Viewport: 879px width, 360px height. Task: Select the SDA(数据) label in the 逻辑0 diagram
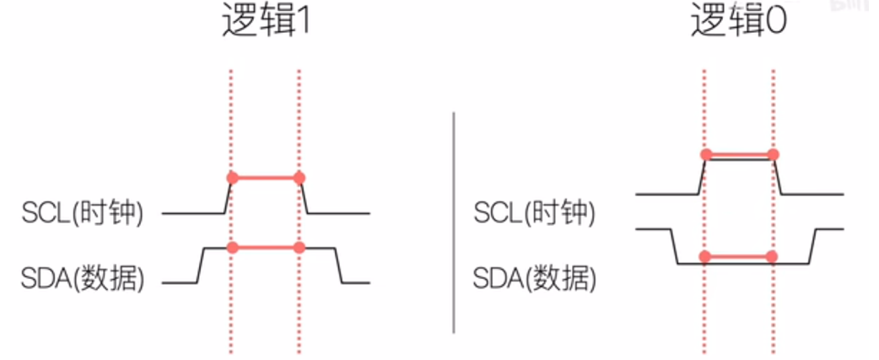(x=534, y=278)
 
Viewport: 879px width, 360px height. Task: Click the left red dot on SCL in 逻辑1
(x=230, y=178)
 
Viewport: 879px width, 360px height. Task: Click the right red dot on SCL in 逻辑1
(x=299, y=178)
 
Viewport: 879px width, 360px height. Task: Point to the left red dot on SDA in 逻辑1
(x=230, y=248)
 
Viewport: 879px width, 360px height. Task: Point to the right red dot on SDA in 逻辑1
(x=299, y=248)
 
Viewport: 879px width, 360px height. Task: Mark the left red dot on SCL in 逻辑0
(x=705, y=155)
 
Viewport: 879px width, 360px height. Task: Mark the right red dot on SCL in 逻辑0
(x=773, y=155)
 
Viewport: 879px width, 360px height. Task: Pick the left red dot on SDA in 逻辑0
(x=705, y=255)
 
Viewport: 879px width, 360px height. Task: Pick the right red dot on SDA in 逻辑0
(x=773, y=255)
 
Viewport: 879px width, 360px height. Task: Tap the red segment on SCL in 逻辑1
(x=264, y=178)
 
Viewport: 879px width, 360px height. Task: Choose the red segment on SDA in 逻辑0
(x=739, y=255)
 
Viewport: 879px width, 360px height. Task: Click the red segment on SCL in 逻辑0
(x=739, y=155)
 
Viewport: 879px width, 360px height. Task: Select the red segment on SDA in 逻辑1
(x=264, y=248)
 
